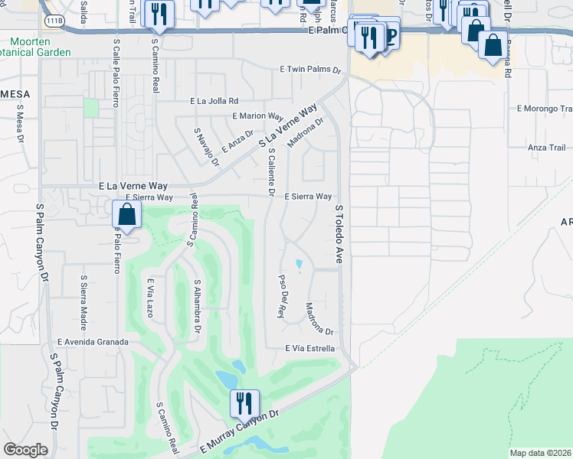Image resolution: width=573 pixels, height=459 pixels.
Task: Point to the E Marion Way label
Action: click(x=258, y=116)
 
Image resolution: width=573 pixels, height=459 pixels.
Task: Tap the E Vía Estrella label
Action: click(x=310, y=348)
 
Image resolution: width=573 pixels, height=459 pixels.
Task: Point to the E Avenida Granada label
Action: click(x=92, y=342)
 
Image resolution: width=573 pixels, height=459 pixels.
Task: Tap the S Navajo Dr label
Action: click(x=206, y=147)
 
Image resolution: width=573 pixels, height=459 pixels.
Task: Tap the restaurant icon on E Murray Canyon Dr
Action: click(x=244, y=403)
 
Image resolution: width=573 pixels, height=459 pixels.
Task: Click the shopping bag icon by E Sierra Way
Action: click(x=128, y=214)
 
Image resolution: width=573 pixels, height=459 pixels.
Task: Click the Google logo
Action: click(x=26, y=450)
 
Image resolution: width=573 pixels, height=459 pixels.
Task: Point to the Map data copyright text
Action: click(x=541, y=453)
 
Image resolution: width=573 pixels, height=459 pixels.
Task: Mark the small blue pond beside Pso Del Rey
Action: click(x=299, y=265)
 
